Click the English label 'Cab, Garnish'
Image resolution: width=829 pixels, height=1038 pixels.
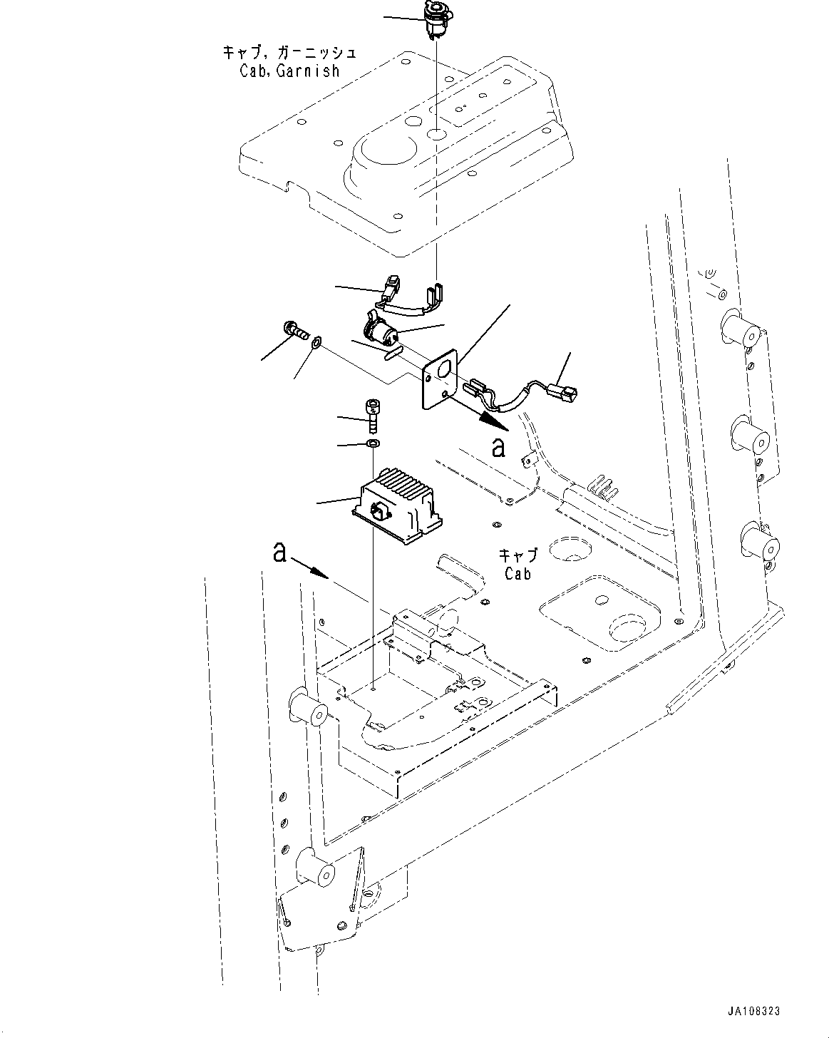[x=289, y=71]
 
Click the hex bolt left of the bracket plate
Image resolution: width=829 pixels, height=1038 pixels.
[x=294, y=330]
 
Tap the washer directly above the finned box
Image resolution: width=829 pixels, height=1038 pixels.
[x=371, y=445]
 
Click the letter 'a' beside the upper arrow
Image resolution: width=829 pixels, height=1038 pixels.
[x=499, y=448]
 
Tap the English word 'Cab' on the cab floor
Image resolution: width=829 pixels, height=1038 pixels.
[x=518, y=573]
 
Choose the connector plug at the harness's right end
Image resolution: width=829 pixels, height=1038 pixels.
[x=567, y=393]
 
